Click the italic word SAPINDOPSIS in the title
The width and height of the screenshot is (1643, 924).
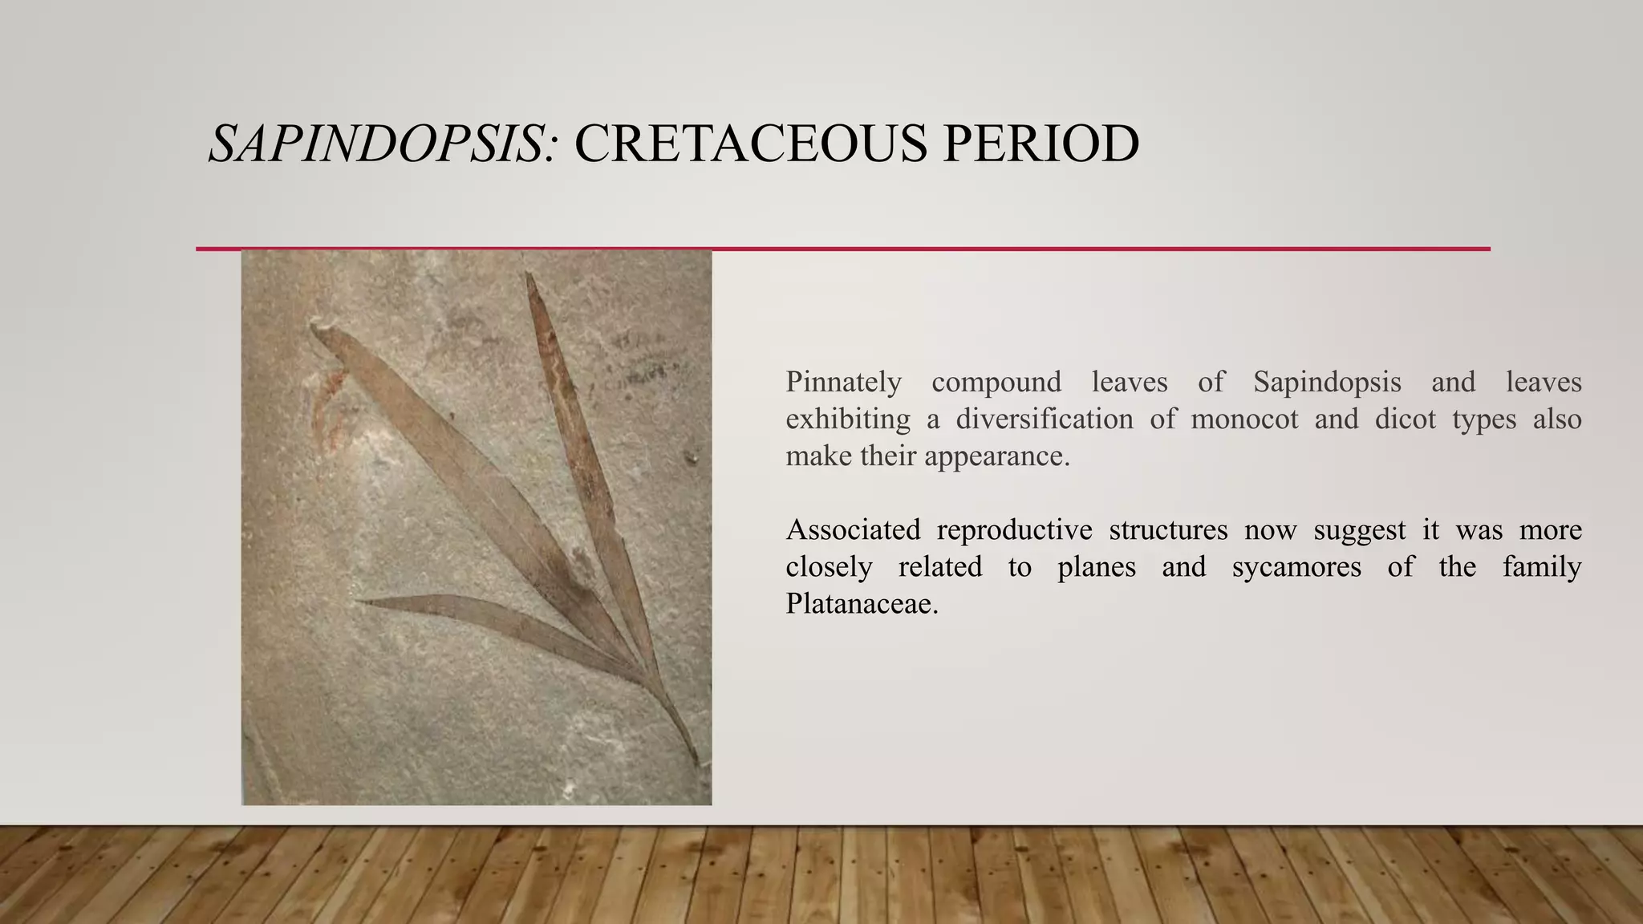click(375, 144)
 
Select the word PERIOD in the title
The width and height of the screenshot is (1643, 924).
click(1041, 144)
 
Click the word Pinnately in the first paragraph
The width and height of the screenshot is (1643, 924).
click(843, 382)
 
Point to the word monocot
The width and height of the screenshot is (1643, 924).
click(1244, 419)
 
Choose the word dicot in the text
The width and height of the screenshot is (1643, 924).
click(1405, 419)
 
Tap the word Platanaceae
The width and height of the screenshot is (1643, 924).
click(861, 604)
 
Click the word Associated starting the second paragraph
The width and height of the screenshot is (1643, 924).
click(853, 530)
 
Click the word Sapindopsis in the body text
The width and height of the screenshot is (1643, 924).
click(1327, 382)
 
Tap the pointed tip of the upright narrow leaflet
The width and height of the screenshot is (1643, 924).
click(528, 275)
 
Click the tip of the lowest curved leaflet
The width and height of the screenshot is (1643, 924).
click(359, 599)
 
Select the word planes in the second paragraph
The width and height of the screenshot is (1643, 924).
click(1096, 567)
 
